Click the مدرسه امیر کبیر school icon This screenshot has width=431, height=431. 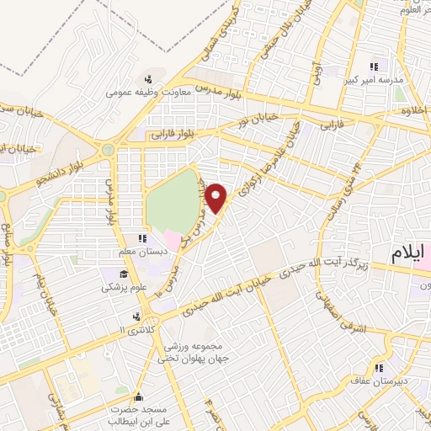point(374,66)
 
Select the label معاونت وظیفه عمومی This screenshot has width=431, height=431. point(149,93)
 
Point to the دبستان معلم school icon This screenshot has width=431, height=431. point(142,239)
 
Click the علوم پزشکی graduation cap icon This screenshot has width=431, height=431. point(124,274)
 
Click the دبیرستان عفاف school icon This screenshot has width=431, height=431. point(380,368)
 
